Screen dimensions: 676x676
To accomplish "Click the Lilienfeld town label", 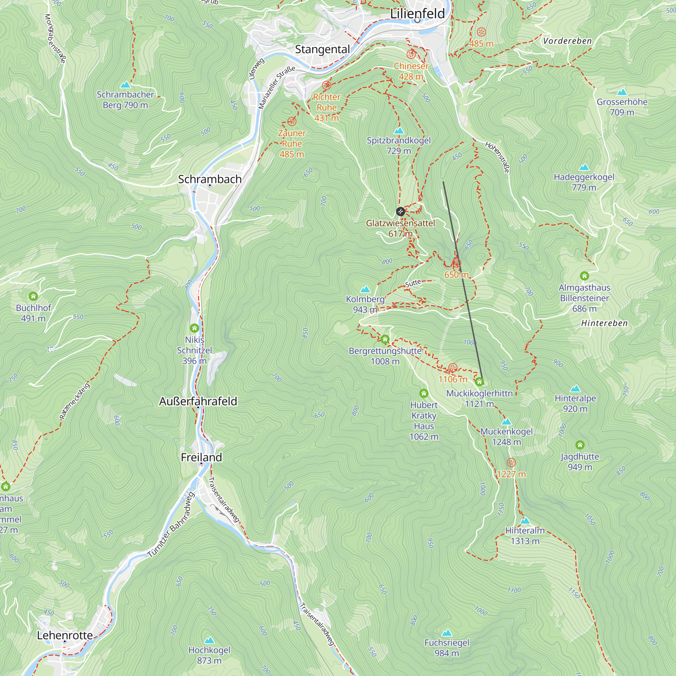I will click(x=417, y=14).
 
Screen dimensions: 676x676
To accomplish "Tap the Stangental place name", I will click(x=322, y=49).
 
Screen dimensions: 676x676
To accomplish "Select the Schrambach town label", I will click(x=210, y=179).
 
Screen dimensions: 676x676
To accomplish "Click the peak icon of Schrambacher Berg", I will click(x=125, y=85).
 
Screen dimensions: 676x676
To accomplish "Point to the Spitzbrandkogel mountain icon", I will click(x=399, y=131).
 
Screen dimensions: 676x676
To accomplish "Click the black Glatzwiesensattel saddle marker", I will click(x=400, y=211).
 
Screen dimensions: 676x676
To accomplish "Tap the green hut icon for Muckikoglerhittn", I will click(x=479, y=381).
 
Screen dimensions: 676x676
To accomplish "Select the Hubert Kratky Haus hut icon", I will click(x=424, y=393).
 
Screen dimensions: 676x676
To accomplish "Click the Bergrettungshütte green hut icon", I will click(x=385, y=339).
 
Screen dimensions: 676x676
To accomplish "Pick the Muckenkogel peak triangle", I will click(x=506, y=421).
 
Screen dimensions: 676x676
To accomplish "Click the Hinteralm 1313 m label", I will click(x=525, y=536).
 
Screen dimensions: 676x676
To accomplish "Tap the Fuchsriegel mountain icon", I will click(x=446, y=633).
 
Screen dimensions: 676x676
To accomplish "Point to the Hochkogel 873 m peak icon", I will click(x=209, y=640).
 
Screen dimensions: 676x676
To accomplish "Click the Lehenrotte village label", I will click(x=65, y=635).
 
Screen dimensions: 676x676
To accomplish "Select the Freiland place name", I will click(x=201, y=457).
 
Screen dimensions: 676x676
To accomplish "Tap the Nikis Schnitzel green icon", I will click(x=195, y=328).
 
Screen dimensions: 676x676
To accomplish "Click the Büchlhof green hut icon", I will click(x=33, y=296).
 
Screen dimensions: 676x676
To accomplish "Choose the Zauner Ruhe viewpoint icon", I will click(x=292, y=121).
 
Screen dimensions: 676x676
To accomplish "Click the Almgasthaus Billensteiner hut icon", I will click(x=584, y=276).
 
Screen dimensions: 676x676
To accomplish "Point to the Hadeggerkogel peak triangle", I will click(x=584, y=167).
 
